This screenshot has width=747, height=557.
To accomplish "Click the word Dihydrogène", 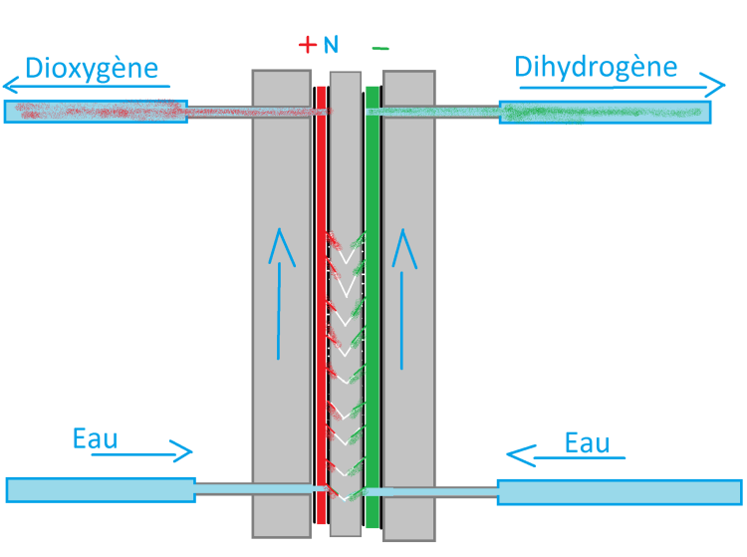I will click(x=596, y=68).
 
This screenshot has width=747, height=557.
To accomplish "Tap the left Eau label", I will click(x=96, y=439).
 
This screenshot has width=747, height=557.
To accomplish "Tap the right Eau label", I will click(x=587, y=442).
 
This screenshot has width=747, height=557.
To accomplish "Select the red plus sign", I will click(x=307, y=45).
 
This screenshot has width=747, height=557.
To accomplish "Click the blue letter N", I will click(x=332, y=46).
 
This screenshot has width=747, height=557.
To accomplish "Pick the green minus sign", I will click(x=380, y=47).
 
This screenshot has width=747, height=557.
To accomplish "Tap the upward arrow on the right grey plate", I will click(x=404, y=299).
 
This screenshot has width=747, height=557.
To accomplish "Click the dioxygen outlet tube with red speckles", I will click(x=96, y=111).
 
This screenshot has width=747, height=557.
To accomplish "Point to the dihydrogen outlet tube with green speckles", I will click(x=606, y=112).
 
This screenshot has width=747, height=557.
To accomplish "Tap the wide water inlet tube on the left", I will click(x=100, y=489).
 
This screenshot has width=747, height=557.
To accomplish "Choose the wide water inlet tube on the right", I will click(x=619, y=491).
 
